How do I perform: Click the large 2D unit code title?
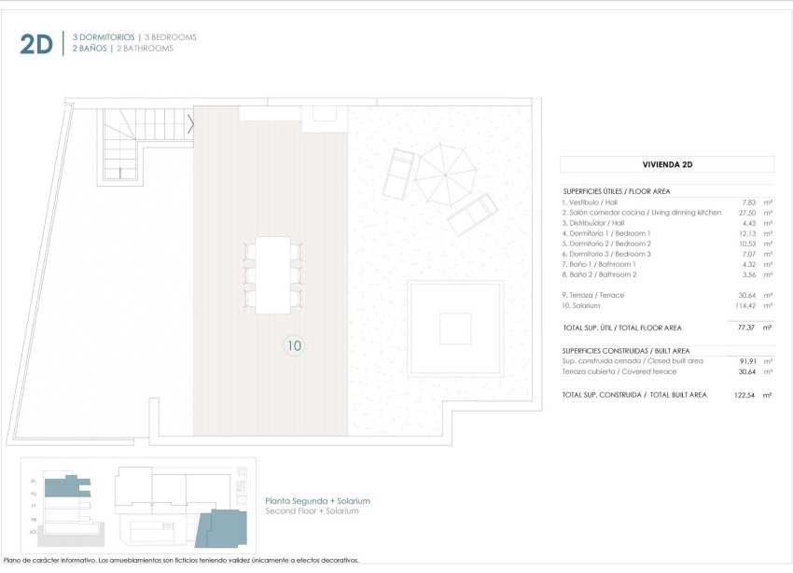[x=36, y=43]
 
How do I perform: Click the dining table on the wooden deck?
[x=273, y=274]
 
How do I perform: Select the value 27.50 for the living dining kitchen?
[x=748, y=213]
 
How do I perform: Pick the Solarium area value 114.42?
[x=746, y=306]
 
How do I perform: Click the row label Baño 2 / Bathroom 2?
[x=599, y=275]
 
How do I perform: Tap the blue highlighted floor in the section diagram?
[x=62, y=485]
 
